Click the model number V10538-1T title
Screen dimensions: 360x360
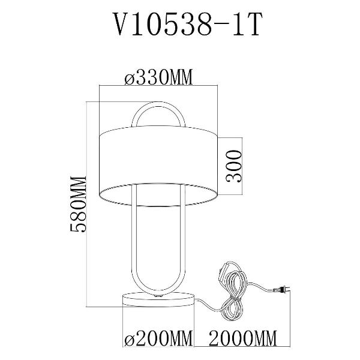[x=188, y=25]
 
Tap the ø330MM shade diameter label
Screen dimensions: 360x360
[x=158, y=77]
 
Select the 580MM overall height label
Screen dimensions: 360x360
[x=78, y=204]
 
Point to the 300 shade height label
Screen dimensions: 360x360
[x=234, y=166]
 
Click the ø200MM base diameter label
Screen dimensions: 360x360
[x=158, y=338]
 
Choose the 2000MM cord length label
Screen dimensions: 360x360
[x=242, y=338]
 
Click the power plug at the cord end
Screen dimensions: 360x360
[x=281, y=290]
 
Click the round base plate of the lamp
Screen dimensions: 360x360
[x=158, y=299]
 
